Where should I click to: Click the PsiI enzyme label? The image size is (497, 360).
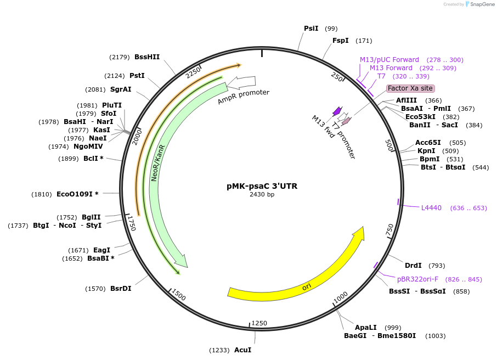(x=311, y=29)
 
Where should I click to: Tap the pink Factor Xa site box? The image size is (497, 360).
(x=410, y=88)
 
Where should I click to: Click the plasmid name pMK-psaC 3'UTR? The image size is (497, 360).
(x=262, y=186)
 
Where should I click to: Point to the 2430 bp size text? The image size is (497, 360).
(x=262, y=194)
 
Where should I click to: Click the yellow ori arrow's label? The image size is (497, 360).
(x=307, y=286)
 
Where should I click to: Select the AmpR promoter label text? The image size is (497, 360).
(x=244, y=97)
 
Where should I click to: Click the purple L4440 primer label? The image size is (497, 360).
(x=431, y=208)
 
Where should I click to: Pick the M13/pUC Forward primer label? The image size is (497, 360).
(x=389, y=60)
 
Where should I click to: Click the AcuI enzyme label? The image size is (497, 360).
(x=242, y=350)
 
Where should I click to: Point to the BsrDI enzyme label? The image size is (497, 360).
(x=121, y=289)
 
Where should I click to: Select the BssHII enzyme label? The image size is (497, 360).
(x=147, y=57)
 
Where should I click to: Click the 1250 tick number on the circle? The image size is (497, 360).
(x=259, y=323)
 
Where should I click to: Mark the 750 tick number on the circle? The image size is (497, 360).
(x=390, y=230)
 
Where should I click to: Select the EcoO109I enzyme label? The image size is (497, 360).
(x=77, y=194)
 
